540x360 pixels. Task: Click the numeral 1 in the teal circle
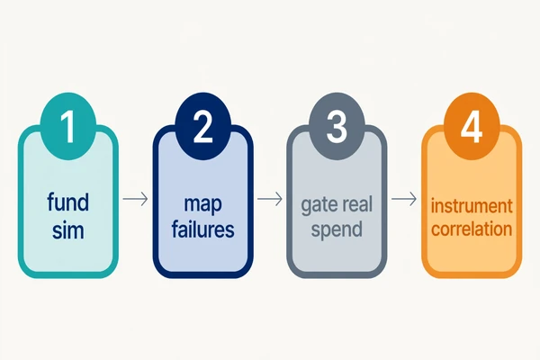(67, 127)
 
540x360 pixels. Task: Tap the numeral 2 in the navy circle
(202, 127)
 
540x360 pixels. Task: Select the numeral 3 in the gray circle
(337, 127)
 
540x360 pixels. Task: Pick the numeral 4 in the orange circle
(471, 128)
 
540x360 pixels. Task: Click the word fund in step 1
(67, 202)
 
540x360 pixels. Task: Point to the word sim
(67, 230)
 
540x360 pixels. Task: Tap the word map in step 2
(202, 204)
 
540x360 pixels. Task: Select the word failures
(202, 229)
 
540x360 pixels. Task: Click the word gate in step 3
(317, 205)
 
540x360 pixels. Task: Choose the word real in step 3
(355, 203)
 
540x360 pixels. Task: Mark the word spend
(337, 229)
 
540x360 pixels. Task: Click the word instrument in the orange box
(472, 206)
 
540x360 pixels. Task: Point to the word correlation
(472, 229)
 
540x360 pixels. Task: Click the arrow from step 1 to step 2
(135, 199)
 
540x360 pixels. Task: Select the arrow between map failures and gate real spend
(270, 199)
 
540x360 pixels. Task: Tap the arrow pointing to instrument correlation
(404, 199)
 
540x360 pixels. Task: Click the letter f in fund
(51, 202)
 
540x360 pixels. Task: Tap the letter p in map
(216, 206)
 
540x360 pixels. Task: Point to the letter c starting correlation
(436, 230)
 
